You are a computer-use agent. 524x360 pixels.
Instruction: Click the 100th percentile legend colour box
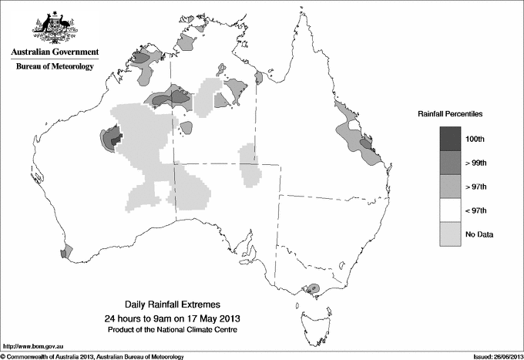452,138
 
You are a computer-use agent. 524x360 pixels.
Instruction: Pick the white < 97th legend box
452,210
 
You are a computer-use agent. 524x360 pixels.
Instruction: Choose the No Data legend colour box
452,234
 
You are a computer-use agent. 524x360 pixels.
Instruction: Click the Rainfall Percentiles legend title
450,113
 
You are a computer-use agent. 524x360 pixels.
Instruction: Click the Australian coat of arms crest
55,29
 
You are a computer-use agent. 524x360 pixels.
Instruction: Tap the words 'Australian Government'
55,52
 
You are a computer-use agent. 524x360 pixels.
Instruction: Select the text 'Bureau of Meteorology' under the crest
55,67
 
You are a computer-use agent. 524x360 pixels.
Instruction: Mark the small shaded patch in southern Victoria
312,289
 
